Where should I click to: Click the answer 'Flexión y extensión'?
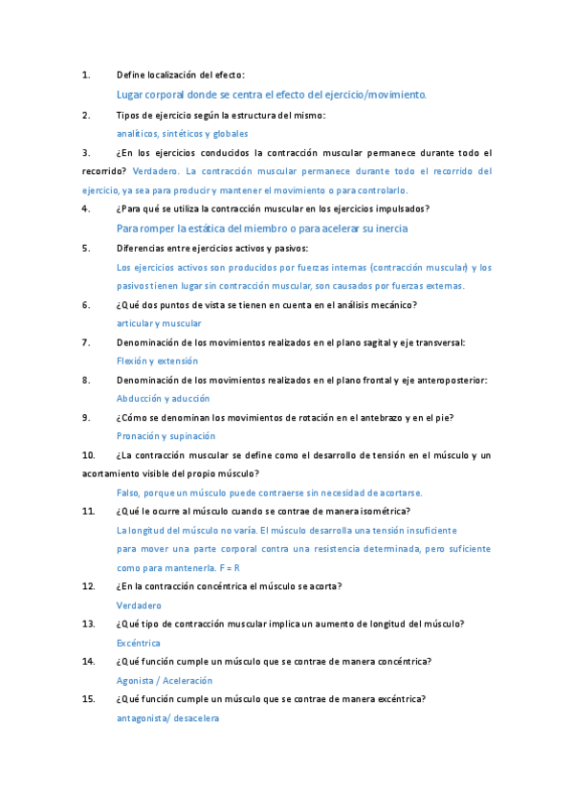[157, 361]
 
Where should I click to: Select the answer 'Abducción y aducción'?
[163, 398]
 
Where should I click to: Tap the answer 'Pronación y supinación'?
[166, 435]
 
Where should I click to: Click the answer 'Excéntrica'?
[139, 643]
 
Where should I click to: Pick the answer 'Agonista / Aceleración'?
[165, 680]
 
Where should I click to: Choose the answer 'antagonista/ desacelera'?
[167, 717]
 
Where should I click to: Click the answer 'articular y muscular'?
[159, 323]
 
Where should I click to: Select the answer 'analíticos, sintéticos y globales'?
[182, 134]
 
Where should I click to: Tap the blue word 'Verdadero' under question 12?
[140, 605]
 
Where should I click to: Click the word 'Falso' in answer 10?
[127, 493]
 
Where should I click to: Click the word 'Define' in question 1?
[130, 75]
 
